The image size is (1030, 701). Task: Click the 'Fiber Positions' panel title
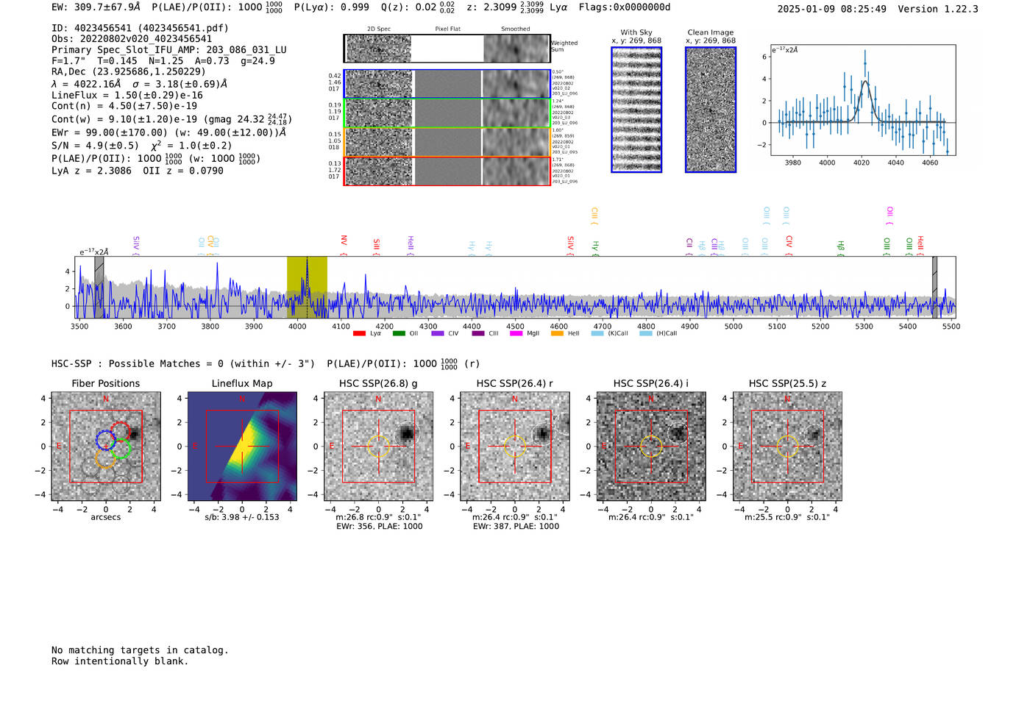coord(105,383)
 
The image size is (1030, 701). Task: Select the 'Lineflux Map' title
coord(242,383)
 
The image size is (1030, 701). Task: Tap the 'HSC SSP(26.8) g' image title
coord(378,383)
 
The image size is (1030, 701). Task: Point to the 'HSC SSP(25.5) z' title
coord(787,383)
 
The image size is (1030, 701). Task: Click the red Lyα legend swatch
coord(360,333)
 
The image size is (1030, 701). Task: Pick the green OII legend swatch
coord(399,333)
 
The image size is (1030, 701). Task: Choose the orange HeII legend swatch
coord(557,333)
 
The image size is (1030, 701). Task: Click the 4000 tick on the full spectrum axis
coord(297,326)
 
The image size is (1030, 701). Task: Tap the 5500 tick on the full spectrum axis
coord(951,326)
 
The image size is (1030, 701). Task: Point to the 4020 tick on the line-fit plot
coord(862,163)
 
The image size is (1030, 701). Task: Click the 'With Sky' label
coord(636,32)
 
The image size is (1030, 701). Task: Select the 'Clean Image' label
coord(711,32)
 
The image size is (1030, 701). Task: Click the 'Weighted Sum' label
coord(564,46)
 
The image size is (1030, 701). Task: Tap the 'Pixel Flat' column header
coord(447,29)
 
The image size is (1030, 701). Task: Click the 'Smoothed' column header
coord(515,29)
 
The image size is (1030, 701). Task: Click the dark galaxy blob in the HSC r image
coord(542,433)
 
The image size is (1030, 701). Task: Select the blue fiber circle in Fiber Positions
coord(106,440)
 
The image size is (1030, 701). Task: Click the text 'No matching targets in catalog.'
coord(140,650)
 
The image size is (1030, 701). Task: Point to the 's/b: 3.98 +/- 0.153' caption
coord(242,517)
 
